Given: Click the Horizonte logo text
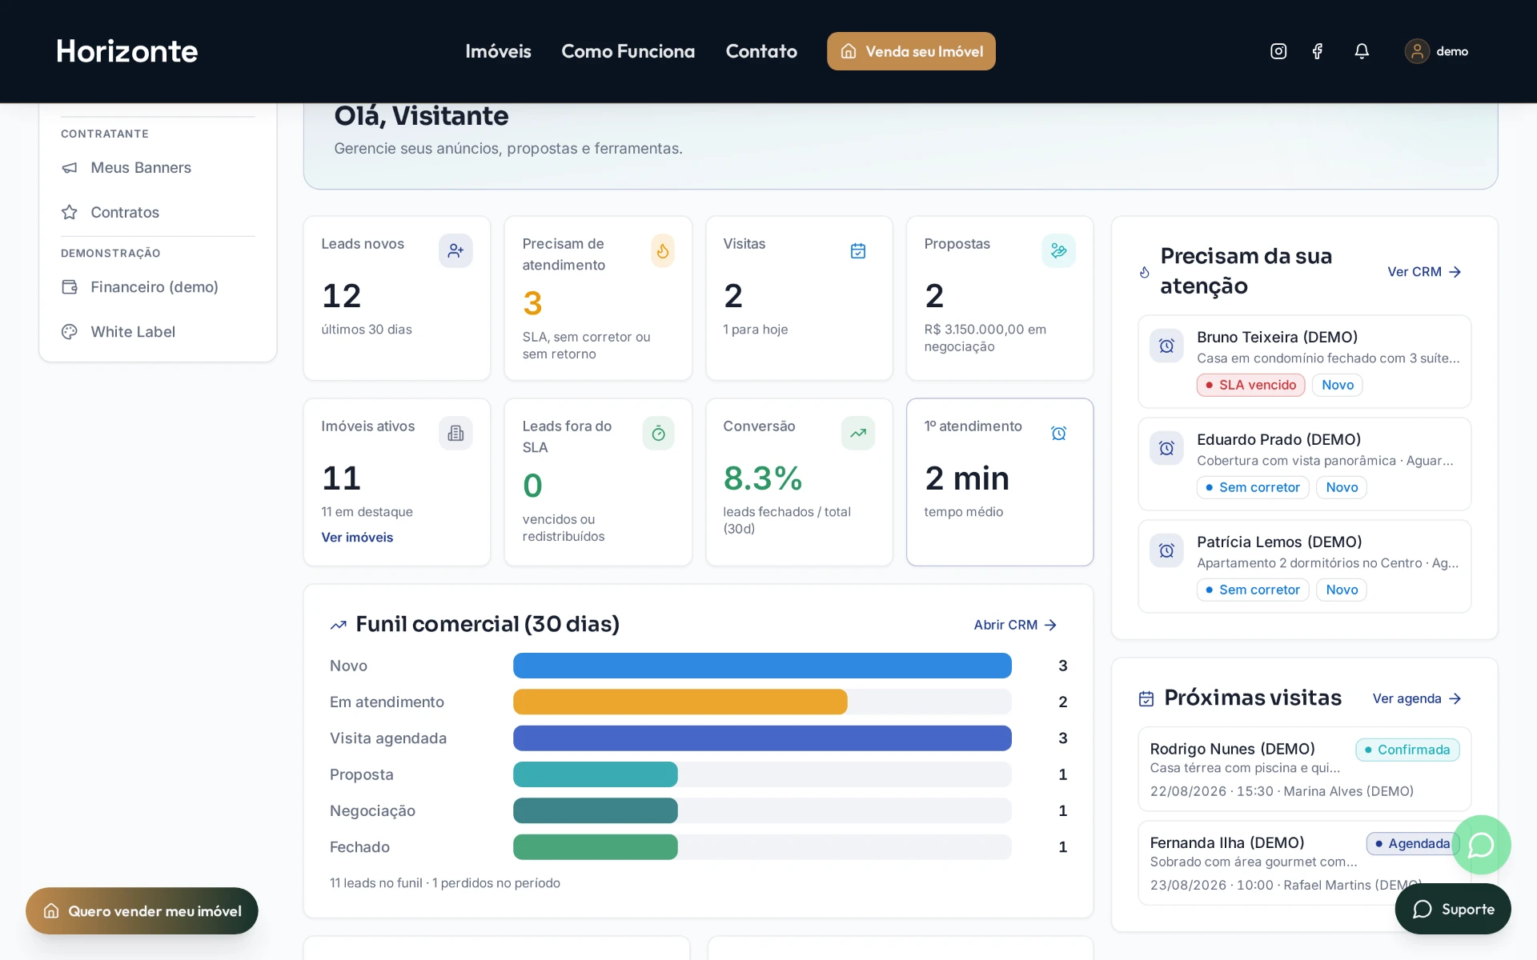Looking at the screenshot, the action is pos(126,51).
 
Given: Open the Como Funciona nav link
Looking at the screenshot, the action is pos(628,51).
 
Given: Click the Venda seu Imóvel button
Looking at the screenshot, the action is pos(911,51).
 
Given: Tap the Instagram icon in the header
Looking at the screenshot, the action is pos(1278,51).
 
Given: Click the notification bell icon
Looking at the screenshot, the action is pos(1362,51).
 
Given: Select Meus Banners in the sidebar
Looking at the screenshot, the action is pos(141,168).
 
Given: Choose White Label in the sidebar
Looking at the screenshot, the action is pos(133,332).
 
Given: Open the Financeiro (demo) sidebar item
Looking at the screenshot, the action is pos(155,287).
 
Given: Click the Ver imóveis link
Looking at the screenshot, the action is pos(357,538).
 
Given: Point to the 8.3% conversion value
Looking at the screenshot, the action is pos(763,478).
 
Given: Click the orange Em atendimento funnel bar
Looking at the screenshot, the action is pos(680,702).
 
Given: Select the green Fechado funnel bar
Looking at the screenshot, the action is pos(596,847).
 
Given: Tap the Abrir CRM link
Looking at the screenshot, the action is pos(1015,625).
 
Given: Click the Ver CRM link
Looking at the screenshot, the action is pos(1424,272).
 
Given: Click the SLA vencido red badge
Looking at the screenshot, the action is pos(1250,385).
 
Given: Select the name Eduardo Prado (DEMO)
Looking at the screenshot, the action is pos(1278,439).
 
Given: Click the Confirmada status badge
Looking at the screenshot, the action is pos(1407,750).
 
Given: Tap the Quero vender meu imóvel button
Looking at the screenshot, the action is pos(142,911).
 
